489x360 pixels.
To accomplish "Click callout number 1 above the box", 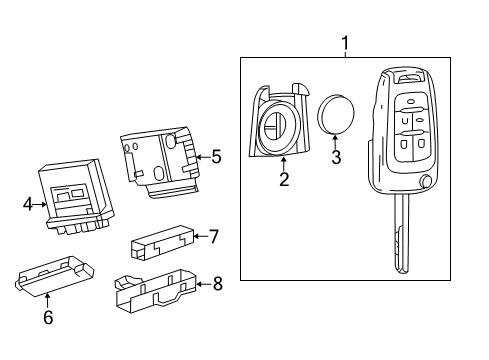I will tap(346, 44).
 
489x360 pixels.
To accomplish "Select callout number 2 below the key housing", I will tap(284, 179).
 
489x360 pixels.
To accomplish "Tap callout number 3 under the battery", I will tap(336, 156).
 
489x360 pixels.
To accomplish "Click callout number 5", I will tap(215, 156).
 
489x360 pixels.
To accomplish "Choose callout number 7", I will tap(213, 237).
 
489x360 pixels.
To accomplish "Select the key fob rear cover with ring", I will tap(277, 124).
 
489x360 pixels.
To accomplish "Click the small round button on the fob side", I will tap(427, 183).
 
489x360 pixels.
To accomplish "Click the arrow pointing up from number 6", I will tap(47, 298).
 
